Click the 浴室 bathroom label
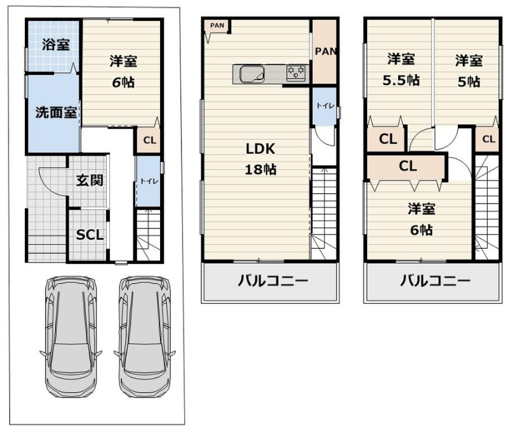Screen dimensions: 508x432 tap(56, 44)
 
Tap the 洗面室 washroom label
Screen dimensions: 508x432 tap(56, 112)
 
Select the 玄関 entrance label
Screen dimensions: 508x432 tap(90, 180)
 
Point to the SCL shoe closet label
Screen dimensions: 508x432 tap(90, 235)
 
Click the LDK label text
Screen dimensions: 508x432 tap(260, 149)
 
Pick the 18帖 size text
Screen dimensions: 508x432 tap(260, 169)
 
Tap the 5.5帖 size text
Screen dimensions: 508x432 tap(401, 81)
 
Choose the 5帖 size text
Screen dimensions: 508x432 tap(469, 82)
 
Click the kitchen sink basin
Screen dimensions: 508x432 tap(252, 74)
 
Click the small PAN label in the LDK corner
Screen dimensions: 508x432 tap(217, 25)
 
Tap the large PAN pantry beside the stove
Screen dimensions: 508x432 tap(324, 52)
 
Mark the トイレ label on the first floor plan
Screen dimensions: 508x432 tap(149, 181)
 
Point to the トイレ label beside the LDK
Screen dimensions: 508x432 tap(325, 105)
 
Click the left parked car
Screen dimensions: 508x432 tap(71, 337)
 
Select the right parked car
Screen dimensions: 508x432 tap(145, 337)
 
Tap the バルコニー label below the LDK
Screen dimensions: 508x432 tap(273, 280)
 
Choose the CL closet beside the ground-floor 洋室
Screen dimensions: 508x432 tap(149, 140)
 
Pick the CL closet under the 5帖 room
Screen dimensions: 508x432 tap(488, 139)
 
